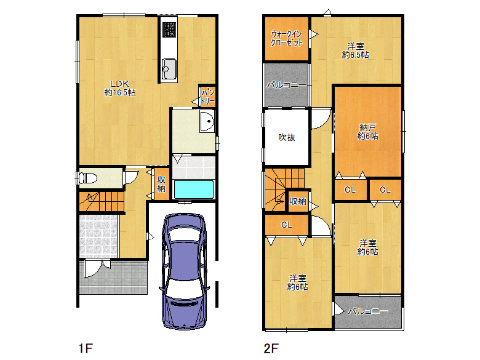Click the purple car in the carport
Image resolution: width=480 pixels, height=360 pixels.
185,271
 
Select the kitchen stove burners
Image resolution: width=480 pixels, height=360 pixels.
169,29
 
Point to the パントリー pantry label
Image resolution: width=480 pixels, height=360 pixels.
207,95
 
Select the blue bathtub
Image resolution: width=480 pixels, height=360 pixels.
193,190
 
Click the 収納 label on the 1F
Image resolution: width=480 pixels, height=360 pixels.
161,184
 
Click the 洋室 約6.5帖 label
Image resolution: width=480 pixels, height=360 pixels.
355,50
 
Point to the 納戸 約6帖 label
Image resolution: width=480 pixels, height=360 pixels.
368,132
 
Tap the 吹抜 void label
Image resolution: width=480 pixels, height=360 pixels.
286,137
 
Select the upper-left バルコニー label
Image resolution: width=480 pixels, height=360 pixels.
286,85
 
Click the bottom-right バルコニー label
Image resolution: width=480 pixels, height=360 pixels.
367,311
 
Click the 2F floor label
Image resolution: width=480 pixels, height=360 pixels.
271,349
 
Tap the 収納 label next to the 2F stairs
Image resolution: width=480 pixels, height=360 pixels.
298,201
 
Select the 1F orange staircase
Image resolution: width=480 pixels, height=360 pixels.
98,199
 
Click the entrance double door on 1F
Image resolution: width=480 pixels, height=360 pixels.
98,268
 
